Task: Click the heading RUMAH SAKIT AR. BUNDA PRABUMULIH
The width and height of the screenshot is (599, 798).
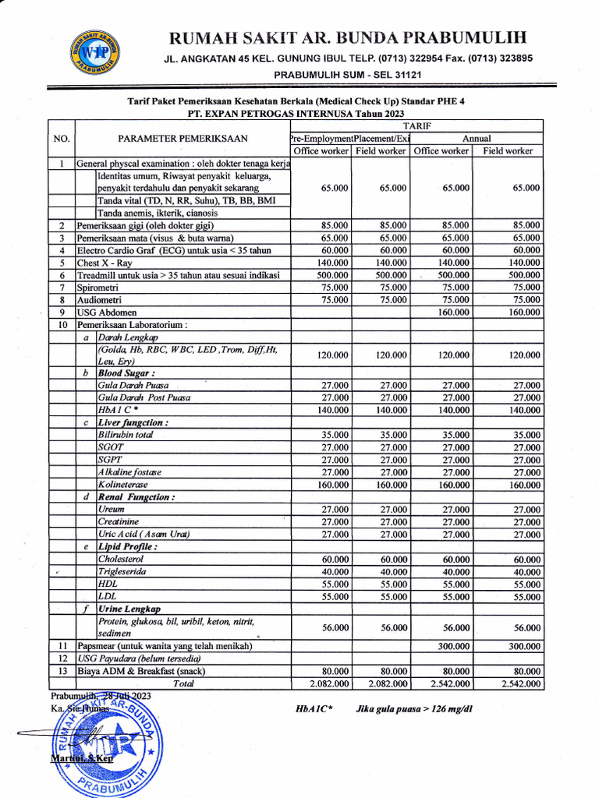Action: tap(348, 37)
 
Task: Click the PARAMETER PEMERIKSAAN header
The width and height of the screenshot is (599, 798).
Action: tap(183, 139)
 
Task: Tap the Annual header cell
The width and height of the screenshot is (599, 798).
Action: tap(476, 138)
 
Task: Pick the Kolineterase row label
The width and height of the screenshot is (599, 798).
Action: tap(123, 484)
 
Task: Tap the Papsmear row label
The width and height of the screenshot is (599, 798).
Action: tap(165, 646)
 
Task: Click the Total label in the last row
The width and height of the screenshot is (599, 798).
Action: tap(183, 683)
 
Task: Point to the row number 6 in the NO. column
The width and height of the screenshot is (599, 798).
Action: tap(61, 275)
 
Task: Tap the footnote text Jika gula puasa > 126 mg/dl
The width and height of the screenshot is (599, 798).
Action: tap(414, 709)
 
